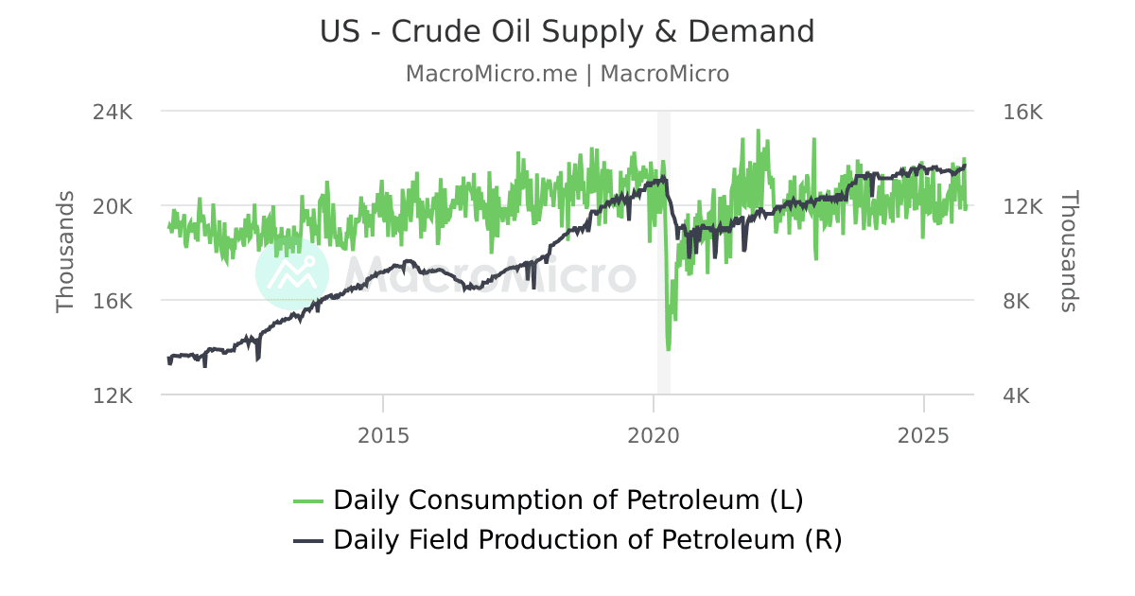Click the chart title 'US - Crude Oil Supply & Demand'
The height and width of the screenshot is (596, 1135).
(567, 31)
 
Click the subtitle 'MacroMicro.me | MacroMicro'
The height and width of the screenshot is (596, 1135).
(567, 74)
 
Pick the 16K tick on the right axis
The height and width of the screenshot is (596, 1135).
(1021, 112)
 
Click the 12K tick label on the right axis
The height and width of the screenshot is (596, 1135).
(1021, 206)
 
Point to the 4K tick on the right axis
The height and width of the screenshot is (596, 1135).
(1016, 395)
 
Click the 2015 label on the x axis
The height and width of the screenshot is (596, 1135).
(383, 436)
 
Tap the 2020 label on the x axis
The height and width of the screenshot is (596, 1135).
(654, 436)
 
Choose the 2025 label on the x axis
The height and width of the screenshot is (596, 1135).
(923, 436)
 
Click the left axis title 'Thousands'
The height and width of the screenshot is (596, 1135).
(65, 252)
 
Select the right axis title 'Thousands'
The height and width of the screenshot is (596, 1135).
(1069, 252)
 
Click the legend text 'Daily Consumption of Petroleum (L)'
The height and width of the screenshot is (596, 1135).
(567, 500)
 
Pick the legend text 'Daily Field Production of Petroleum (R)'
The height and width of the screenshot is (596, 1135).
(586, 540)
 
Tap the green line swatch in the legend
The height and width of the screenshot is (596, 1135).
(308, 500)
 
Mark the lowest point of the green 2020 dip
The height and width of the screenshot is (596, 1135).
(669, 349)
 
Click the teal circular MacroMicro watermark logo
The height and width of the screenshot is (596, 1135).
(292, 274)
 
